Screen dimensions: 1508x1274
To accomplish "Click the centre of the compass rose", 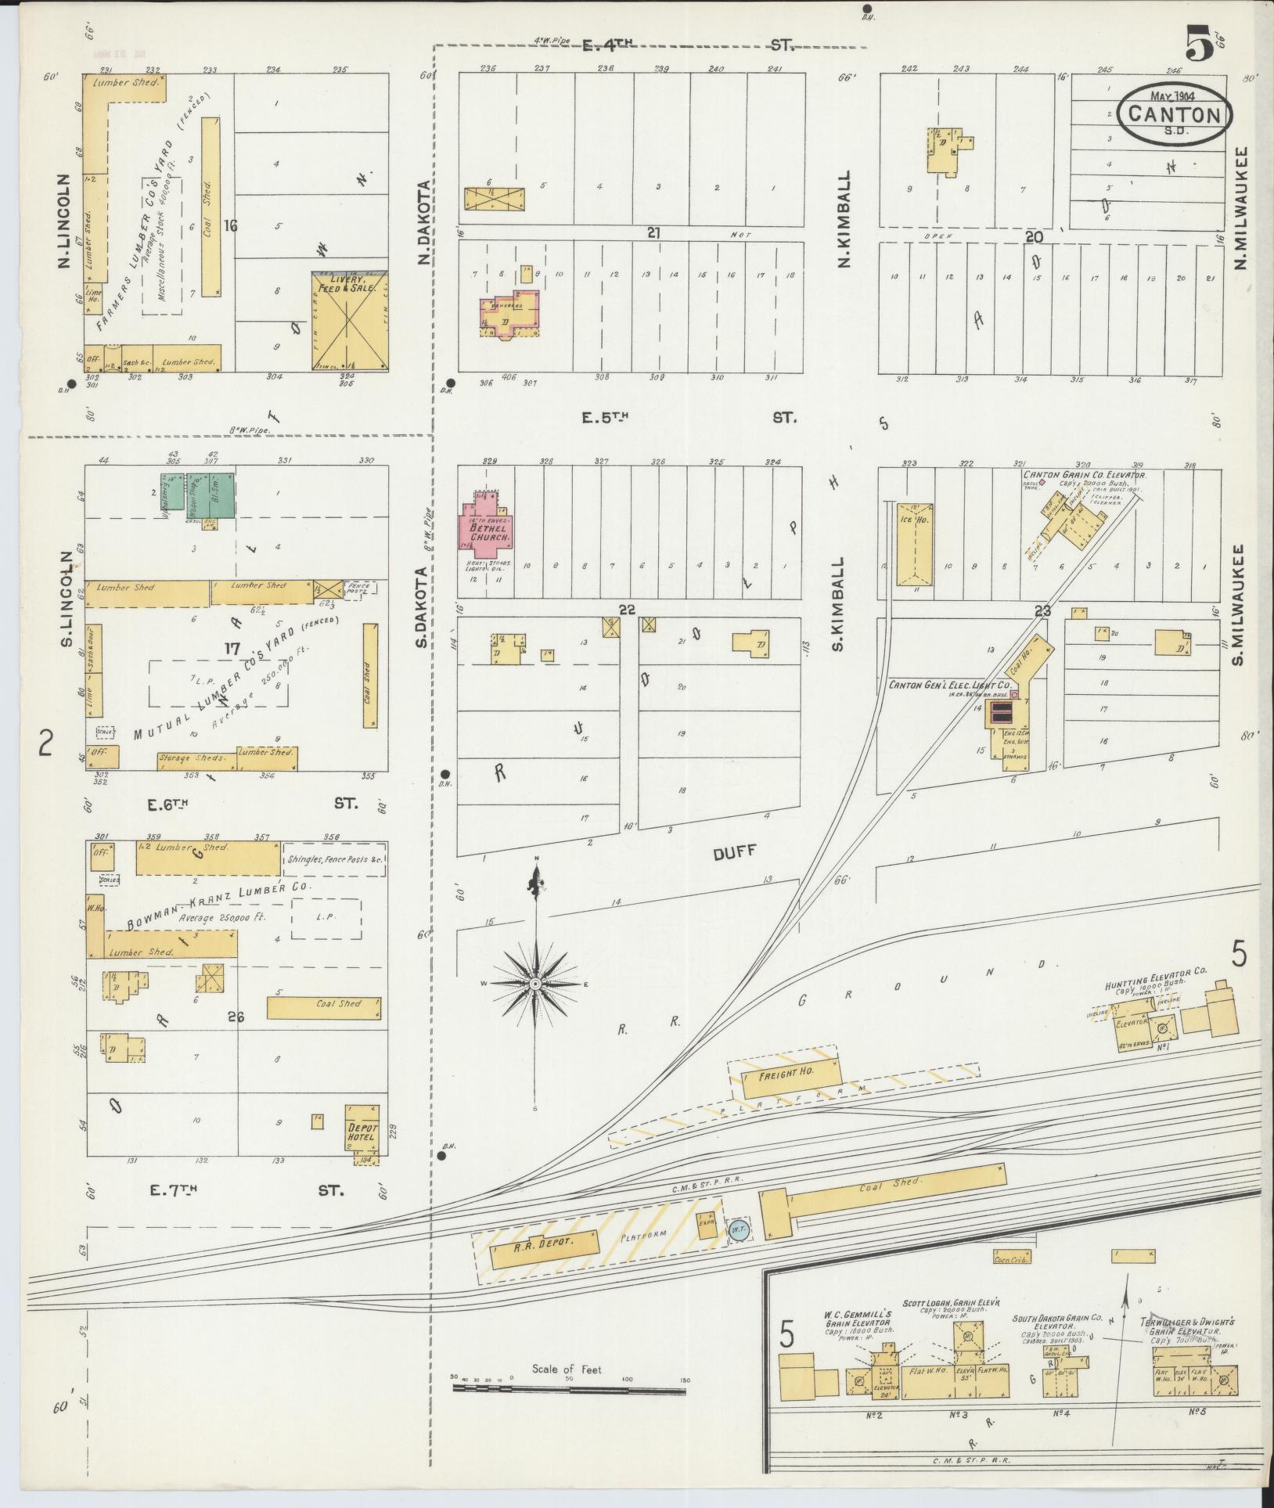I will click(535, 983).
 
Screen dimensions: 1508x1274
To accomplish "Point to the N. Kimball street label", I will click(844, 219).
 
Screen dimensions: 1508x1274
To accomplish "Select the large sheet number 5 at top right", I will click(1198, 43).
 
